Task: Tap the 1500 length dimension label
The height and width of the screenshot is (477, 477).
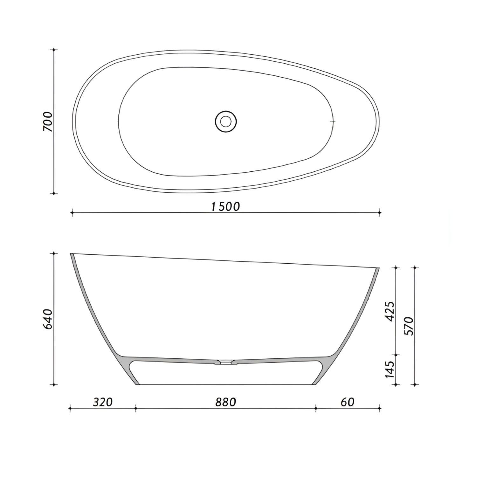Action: point(225,207)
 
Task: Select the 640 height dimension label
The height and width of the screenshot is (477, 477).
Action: point(48,319)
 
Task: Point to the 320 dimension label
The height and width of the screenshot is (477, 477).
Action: point(103,402)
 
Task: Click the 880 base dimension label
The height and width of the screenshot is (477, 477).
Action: point(226,402)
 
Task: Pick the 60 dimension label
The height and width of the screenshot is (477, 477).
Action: point(347,402)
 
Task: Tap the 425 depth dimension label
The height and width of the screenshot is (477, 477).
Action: point(390,311)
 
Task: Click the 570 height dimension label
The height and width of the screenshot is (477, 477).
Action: point(409,326)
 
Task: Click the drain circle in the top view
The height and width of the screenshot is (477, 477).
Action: point(226,121)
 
